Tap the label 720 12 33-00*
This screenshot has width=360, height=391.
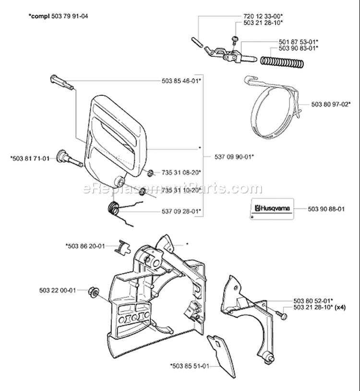click(266, 16)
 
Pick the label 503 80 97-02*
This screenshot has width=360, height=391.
click(331, 103)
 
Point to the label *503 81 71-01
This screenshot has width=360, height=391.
click(29, 157)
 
